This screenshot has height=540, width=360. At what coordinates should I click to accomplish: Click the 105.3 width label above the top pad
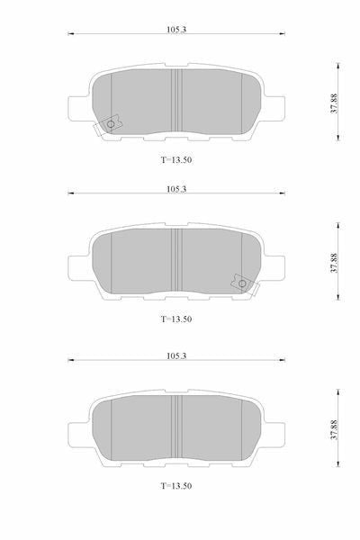[x=176, y=30]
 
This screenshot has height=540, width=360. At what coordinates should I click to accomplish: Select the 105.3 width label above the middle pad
[x=176, y=189]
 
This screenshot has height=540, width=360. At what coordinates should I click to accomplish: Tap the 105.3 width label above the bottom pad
[x=176, y=355]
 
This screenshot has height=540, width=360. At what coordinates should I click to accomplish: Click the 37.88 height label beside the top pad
[x=334, y=103]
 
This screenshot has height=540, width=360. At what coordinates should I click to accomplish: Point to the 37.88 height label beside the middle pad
[x=334, y=263]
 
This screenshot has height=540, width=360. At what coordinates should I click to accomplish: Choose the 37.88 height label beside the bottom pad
[x=334, y=430]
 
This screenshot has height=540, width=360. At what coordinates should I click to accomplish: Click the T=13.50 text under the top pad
[x=176, y=160]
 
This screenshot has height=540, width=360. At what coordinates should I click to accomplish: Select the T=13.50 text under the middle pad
[x=176, y=319]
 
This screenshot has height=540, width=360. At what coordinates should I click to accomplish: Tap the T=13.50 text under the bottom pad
[x=176, y=486]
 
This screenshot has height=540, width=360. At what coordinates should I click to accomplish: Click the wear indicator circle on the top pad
[x=111, y=124]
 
